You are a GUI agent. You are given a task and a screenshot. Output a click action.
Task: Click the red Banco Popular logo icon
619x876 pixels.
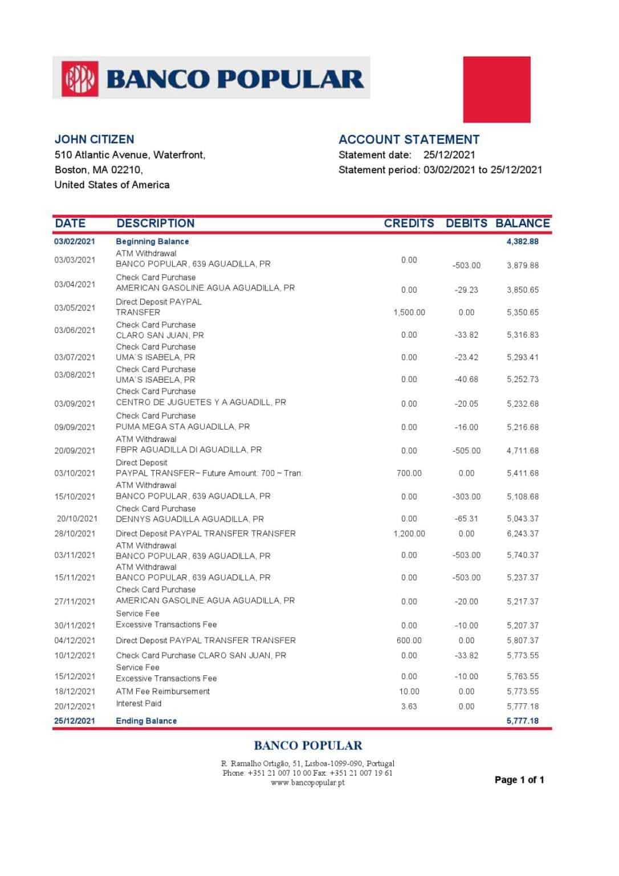[80, 78]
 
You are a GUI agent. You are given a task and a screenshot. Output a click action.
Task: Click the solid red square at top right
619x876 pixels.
[496, 90]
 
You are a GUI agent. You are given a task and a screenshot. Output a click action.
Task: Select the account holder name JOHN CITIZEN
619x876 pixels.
[95, 139]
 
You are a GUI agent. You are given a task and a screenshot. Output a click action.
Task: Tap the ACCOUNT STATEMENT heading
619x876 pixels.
[409, 140]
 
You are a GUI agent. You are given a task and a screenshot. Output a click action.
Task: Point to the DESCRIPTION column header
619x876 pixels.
[155, 224]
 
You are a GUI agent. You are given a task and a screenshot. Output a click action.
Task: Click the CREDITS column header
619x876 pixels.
[409, 224]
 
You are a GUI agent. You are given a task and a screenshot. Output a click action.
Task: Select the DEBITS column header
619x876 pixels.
[466, 224]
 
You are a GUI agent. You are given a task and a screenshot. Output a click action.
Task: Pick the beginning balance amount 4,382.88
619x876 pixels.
[522, 242]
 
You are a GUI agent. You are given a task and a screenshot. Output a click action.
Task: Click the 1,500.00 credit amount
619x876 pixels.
[409, 313]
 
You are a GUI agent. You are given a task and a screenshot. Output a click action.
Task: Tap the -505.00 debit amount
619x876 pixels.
[466, 451]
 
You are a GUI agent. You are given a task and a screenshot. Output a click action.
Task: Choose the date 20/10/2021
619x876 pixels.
[77, 519]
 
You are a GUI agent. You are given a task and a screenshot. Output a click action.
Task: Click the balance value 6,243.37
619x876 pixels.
[522, 534]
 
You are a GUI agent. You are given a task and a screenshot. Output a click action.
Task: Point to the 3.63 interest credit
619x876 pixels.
[409, 707]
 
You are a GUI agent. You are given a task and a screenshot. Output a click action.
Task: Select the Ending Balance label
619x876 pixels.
[146, 721]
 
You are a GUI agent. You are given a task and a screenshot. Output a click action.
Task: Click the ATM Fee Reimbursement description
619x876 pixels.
[162, 692]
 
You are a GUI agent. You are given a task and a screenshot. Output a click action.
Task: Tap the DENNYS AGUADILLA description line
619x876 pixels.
[189, 520]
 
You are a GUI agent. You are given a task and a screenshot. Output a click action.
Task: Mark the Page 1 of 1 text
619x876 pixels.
[519, 780]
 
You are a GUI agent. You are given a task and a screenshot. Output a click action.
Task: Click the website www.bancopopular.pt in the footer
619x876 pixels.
[307, 783]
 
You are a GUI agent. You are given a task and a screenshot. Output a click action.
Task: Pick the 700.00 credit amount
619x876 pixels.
[409, 473]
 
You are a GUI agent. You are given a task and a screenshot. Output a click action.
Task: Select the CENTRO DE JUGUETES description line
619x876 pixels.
[201, 403]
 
